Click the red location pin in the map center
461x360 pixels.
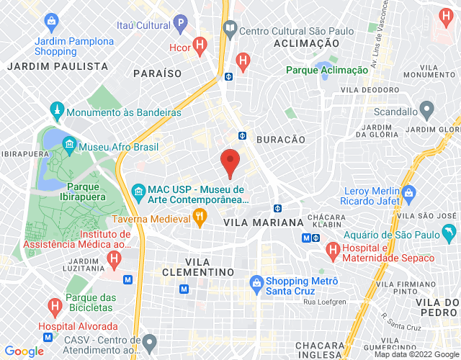pyautogui.click(x=230, y=161)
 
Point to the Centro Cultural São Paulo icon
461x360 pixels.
pyautogui.click(x=230, y=30)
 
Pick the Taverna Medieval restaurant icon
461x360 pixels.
pyautogui.click(x=200, y=215)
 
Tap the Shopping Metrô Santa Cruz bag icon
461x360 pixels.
pyautogui.click(x=255, y=281)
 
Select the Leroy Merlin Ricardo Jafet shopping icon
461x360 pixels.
pyautogui.click(x=408, y=192)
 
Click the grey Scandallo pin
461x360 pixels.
pyautogui.click(x=426, y=112)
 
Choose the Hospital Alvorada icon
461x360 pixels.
pyautogui.click(x=55, y=307)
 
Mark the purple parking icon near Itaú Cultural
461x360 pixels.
pyautogui.click(x=180, y=25)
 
